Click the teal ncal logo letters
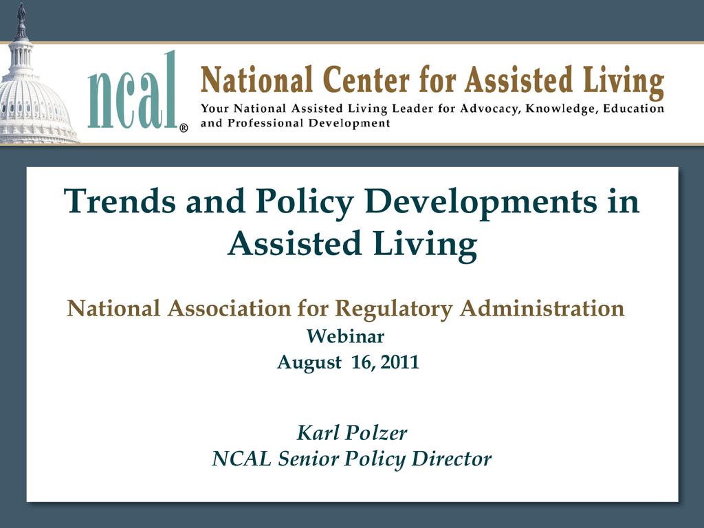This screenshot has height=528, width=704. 131,89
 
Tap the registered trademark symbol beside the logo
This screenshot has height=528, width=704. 184,129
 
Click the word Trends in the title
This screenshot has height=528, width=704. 120,201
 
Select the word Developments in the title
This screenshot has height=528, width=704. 481,202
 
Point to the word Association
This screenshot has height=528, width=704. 230,309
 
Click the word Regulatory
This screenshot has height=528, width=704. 394,309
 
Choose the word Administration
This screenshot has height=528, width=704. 542,309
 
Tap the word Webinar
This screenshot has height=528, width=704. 345,335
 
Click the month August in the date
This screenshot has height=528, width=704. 309,362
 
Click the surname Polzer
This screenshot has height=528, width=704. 377,433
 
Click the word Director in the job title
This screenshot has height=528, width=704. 451,459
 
